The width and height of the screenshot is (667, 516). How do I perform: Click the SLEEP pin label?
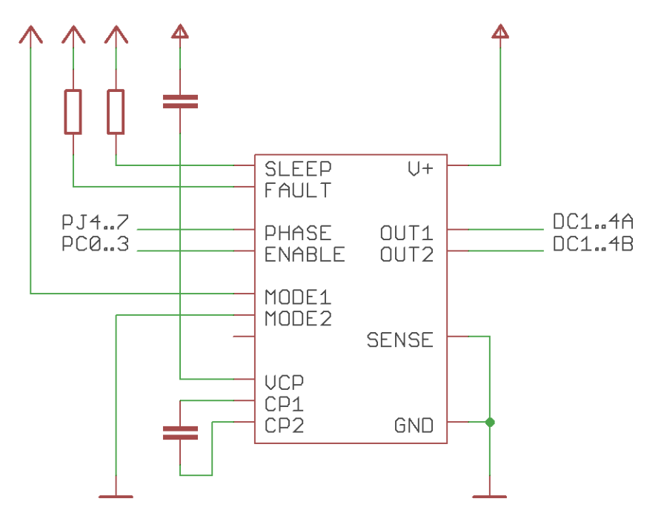(x=298, y=169)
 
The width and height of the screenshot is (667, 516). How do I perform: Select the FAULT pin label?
(x=298, y=191)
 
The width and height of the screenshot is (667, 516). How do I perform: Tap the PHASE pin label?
(x=298, y=233)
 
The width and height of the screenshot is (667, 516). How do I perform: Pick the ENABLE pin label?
(x=305, y=254)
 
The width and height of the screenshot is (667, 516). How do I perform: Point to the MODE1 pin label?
(x=298, y=297)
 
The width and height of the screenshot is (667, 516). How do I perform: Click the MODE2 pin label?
(x=298, y=320)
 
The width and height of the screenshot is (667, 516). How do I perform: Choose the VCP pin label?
(x=284, y=383)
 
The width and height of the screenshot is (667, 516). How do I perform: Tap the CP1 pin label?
(x=284, y=405)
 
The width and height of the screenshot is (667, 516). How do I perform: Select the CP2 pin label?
(x=284, y=426)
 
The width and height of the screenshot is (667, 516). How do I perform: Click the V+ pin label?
(x=420, y=169)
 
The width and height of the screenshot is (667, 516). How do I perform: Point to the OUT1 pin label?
(x=406, y=233)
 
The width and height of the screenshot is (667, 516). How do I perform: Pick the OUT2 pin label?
(x=406, y=254)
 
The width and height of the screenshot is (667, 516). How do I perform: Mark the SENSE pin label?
(x=400, y=340)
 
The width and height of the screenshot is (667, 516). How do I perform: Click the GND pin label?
(x=414, y=426)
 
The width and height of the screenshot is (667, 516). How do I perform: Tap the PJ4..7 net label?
(x=95, y=222)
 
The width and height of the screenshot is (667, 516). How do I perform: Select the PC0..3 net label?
(x=95, y=244)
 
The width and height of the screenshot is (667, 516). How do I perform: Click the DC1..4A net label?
(x=593, y=222)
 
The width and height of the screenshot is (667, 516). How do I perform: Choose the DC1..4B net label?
(x=593, y=244)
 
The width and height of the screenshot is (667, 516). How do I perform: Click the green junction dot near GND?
(x=489, y=423)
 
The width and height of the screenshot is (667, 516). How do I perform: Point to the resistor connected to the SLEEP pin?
(x=116, y=112)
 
